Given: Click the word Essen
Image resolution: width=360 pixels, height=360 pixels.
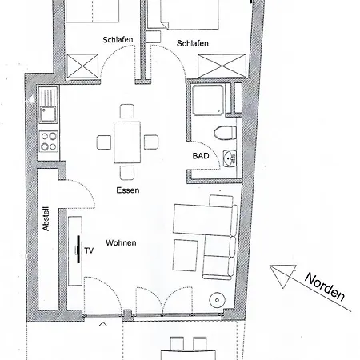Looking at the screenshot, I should pos(127,190).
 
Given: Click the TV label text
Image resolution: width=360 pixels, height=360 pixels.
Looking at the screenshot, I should pos(89,250).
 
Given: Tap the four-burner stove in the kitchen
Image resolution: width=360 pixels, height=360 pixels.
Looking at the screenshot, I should pos(49,142).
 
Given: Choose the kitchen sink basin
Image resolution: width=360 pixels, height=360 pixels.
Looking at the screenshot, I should pos(48,103).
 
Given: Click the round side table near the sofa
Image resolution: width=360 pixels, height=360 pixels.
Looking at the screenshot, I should pos(217,301).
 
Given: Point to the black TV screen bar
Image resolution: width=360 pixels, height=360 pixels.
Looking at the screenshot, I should pos(78,250).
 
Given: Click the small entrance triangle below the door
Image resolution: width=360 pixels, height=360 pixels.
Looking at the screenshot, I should pos(102,325).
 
